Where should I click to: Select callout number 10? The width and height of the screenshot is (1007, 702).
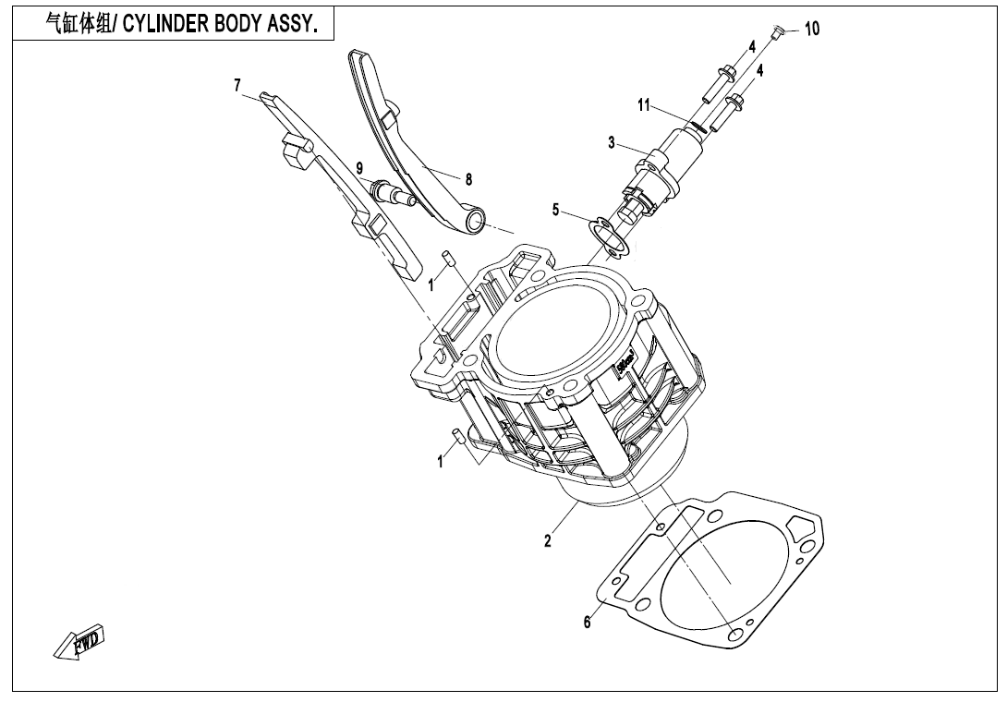point(811,29)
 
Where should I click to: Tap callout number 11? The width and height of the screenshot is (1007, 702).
point(645,105)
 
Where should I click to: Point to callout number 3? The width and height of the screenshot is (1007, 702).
point(612,142)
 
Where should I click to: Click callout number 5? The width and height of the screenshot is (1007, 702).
point(556,211)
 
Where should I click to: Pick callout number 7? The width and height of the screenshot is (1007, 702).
point(237,85)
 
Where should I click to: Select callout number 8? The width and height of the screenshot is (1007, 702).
point(468,180)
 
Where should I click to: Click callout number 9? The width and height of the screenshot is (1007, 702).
point(359,167)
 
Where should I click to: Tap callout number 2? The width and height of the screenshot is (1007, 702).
point(548,541)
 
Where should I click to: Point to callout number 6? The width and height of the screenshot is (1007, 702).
point(587,623)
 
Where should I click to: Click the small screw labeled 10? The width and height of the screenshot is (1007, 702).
point(778,33)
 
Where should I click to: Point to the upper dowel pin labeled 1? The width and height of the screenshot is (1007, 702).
point(447,258)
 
